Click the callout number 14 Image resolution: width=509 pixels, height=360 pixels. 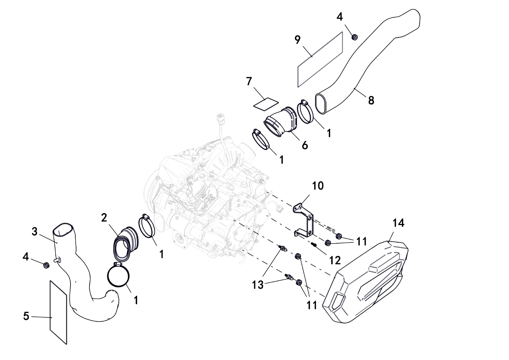398,223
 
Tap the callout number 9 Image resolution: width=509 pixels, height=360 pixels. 297,40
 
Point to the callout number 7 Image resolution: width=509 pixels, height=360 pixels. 249,81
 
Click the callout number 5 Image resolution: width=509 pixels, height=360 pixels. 26,316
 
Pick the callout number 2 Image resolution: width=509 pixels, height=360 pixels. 104,218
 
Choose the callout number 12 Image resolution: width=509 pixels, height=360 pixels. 335,260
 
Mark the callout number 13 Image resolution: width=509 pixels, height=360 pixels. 258,285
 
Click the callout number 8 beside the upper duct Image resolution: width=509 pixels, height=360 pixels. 371,100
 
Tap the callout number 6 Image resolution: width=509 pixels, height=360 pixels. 305,145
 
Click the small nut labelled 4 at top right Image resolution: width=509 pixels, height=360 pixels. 355,36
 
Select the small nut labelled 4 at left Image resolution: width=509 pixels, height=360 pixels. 45,265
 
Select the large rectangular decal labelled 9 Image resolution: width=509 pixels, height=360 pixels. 320,60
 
